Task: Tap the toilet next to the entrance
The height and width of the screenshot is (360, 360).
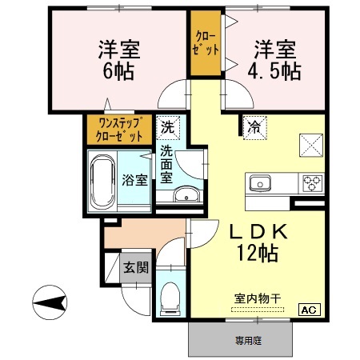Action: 170,301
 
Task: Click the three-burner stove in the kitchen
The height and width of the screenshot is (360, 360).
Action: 311,183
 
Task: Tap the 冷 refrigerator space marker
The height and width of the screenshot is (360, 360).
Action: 254,127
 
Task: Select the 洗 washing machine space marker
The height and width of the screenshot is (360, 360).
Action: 167,126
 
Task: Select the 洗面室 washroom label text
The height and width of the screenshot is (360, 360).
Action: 167,164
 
